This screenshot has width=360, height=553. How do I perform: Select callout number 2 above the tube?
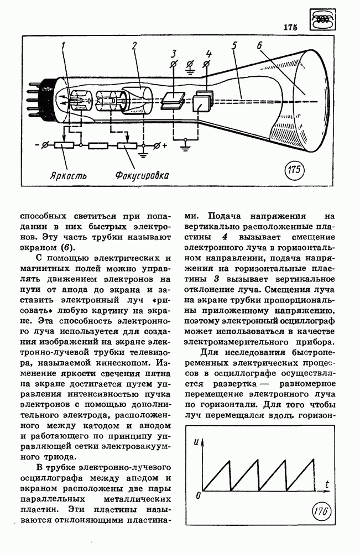134,46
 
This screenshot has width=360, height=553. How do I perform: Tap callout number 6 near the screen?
259,47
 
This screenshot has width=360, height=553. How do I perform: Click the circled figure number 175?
295,170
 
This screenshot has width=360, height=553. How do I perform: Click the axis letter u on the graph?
197,442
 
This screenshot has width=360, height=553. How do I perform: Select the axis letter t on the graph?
327,484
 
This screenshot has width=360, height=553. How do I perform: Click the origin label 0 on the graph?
197,496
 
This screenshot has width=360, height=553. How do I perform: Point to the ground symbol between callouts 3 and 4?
191,67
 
